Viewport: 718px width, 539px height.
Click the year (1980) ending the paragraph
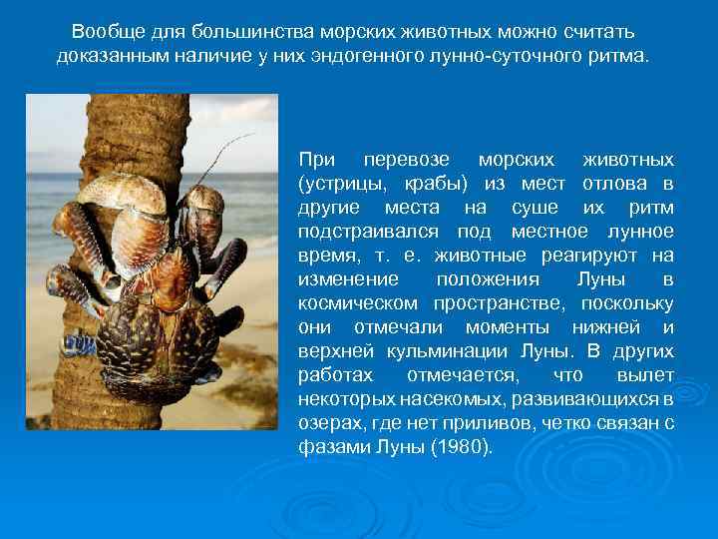461,447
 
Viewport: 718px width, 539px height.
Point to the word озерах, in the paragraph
328,423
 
